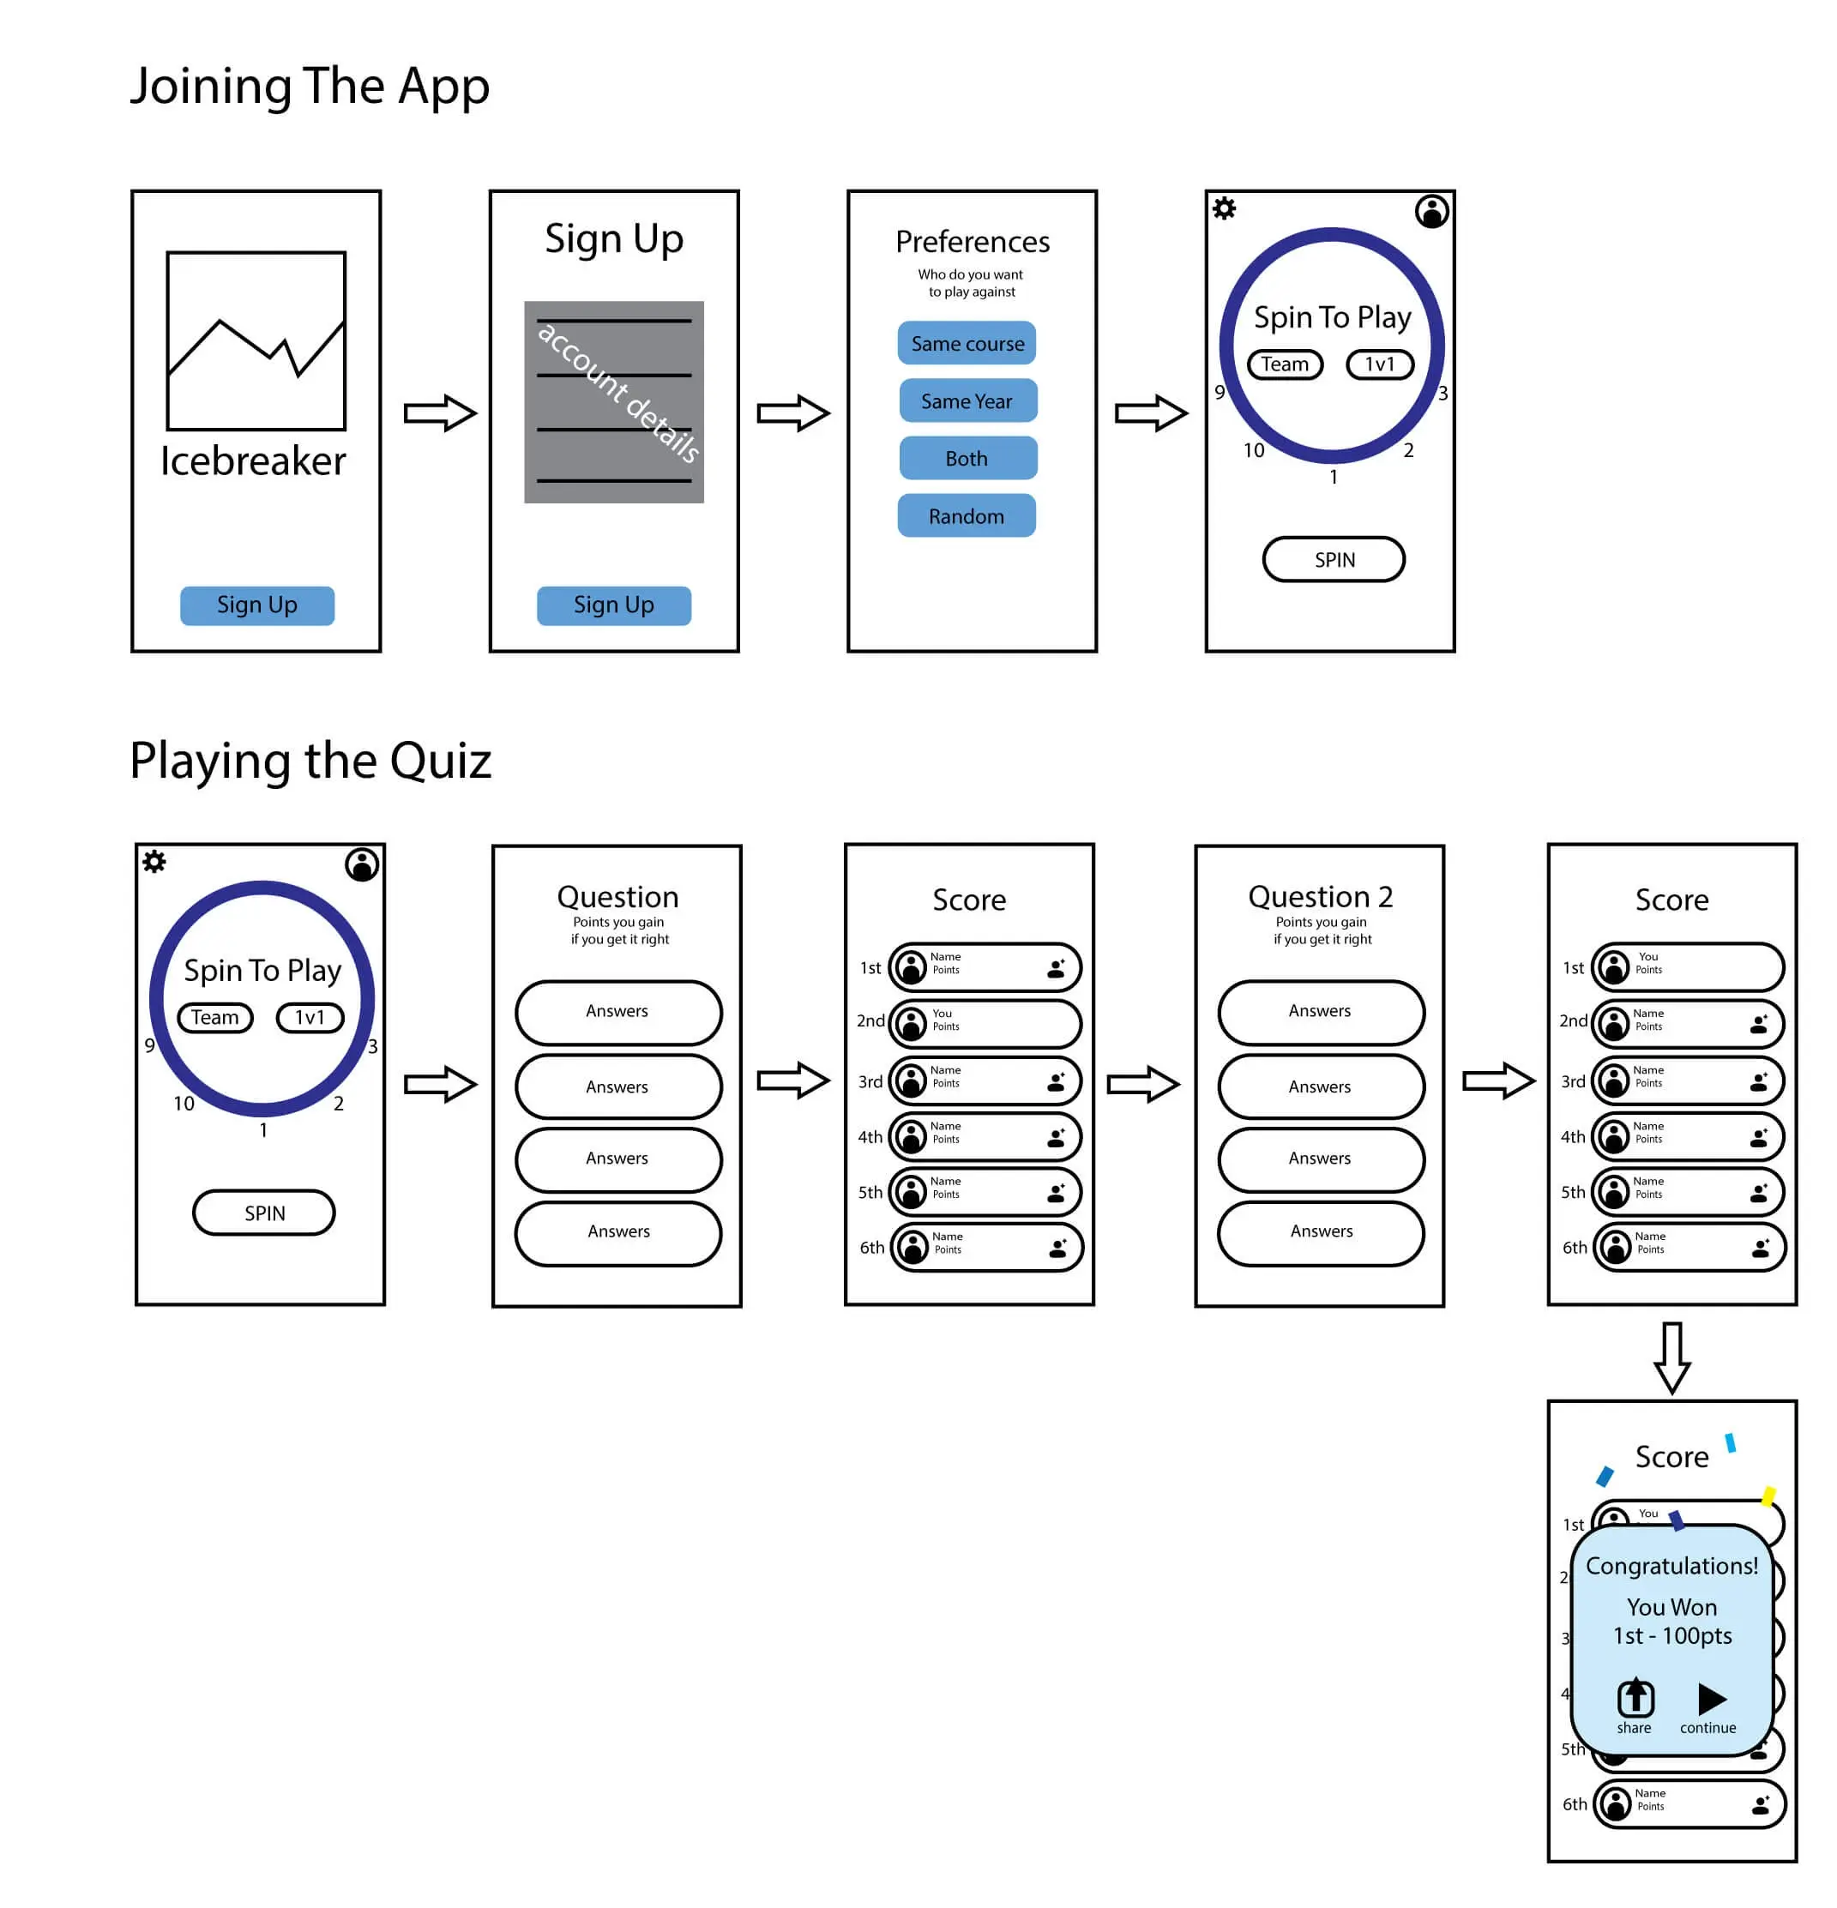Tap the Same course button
[966, 344]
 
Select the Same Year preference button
[967, 401]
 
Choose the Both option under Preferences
[967, 459]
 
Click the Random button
[966, 516]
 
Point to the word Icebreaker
[253, 461]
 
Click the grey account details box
[613, 402]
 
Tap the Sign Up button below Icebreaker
[257, 605]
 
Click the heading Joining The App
[310, 87]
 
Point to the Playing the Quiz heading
[310, 761]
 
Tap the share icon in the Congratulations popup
[1635, 1699]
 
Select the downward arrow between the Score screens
[1671, 1356]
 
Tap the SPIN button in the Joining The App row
[1333, 560]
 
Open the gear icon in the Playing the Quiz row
[154, 862]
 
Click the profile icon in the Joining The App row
[1431, 211]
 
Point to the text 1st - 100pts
[1671, 1636]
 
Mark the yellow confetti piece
[1768, 1496]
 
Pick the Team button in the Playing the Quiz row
[214, 1017]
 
